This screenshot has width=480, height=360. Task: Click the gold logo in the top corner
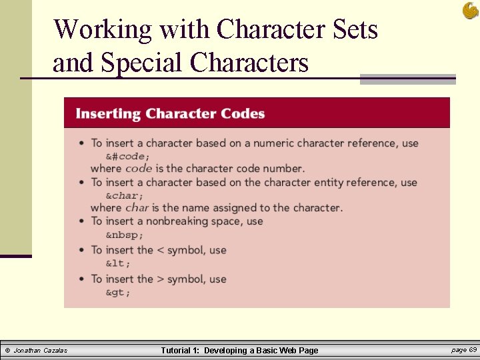[469, 10]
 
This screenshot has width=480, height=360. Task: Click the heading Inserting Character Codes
[170, 113]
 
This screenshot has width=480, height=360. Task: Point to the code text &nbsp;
[125, 235]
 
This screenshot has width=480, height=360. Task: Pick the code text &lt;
[119, 263]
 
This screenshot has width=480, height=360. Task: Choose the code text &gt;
[119, 292]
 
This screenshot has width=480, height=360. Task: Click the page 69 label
[464, 350]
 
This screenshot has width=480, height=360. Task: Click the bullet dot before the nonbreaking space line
[81, 221]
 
